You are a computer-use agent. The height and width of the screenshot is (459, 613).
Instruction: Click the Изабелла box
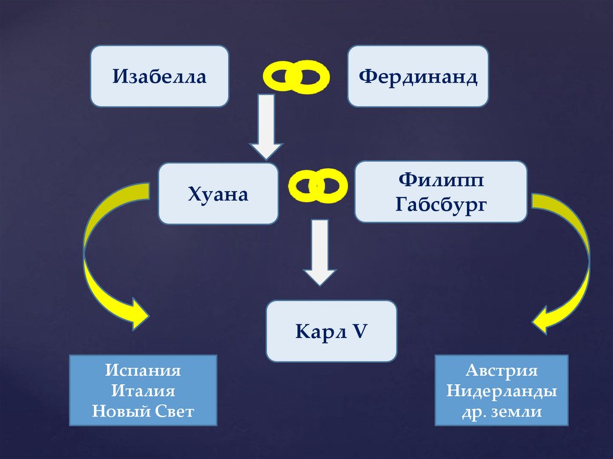point(159,77)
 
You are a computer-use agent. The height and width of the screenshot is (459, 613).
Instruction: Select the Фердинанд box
point(418,77)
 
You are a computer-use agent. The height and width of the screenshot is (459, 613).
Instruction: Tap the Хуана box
point(218,194)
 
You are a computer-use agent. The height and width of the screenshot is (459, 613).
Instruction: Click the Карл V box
point(331,331)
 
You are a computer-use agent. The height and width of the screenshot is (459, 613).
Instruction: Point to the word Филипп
point(441,180)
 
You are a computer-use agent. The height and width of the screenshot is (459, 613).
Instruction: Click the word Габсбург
point(441,205)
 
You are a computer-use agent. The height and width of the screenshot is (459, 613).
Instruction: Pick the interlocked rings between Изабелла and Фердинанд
point(297,77)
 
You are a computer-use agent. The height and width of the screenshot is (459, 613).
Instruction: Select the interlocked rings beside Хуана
point(318,185)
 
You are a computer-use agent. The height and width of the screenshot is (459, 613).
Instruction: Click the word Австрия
point(501,370)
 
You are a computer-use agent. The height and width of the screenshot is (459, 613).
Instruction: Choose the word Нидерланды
point(501,391)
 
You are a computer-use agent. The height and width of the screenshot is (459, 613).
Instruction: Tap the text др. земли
point(501,412)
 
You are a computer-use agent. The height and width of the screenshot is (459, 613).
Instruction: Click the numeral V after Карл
point(360,331)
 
